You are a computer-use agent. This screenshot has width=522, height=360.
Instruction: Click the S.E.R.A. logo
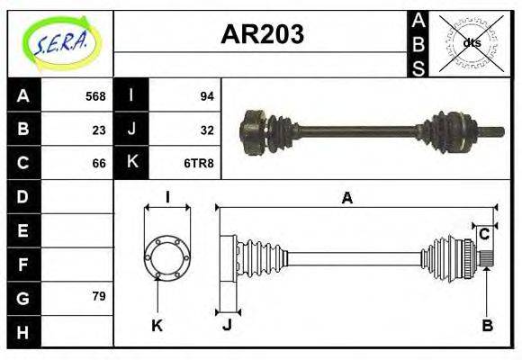(x=59, y=43)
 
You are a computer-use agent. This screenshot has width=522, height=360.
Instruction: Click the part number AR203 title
(x=262, y=35)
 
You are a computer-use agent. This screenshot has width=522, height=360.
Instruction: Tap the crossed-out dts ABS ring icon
(x=471, y=42)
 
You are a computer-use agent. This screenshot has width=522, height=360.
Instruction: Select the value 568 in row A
(x=95, y=96)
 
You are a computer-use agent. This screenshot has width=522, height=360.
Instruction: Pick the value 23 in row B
(x=99, y=129)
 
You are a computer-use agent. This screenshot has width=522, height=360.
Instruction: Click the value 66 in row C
(x=99, y=163)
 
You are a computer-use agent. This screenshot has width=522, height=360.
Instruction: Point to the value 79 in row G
(x=99, y=296)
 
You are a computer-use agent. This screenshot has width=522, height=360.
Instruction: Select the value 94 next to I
(x=205, y=96)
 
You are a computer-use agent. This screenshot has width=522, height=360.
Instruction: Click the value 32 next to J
(x=205, y=129)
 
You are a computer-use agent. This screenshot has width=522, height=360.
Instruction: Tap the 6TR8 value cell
(x=200, y=163)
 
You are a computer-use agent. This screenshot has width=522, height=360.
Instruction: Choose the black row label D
(x=23, y=196)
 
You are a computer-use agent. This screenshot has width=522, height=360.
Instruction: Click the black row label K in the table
(x=132, y=163)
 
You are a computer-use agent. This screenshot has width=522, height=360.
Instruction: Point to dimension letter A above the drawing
(x=346, y=199)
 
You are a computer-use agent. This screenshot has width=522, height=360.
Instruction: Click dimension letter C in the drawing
(x=484, y=234)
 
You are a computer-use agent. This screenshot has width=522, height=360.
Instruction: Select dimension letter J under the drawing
(x=227, y=326)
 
